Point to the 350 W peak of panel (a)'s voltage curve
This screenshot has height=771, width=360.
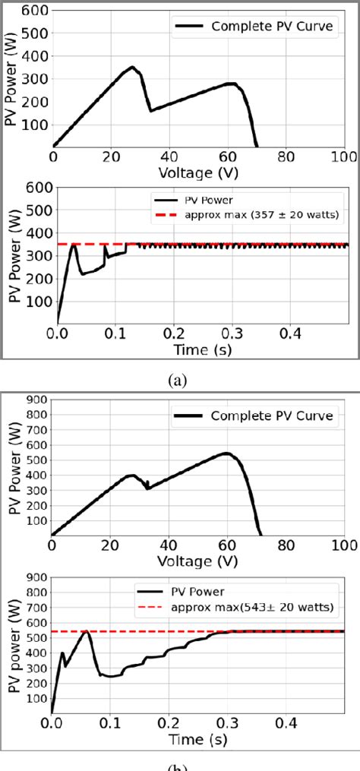pyautogui.click(x=132, y=68)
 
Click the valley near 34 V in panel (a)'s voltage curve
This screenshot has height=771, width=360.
pyautogui.click(x=151, y=111)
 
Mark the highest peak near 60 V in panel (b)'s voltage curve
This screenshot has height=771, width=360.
pyautogui.click(x=226, y=453)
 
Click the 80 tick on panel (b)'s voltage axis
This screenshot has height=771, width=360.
pyautogui.click(x=286, y=545)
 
